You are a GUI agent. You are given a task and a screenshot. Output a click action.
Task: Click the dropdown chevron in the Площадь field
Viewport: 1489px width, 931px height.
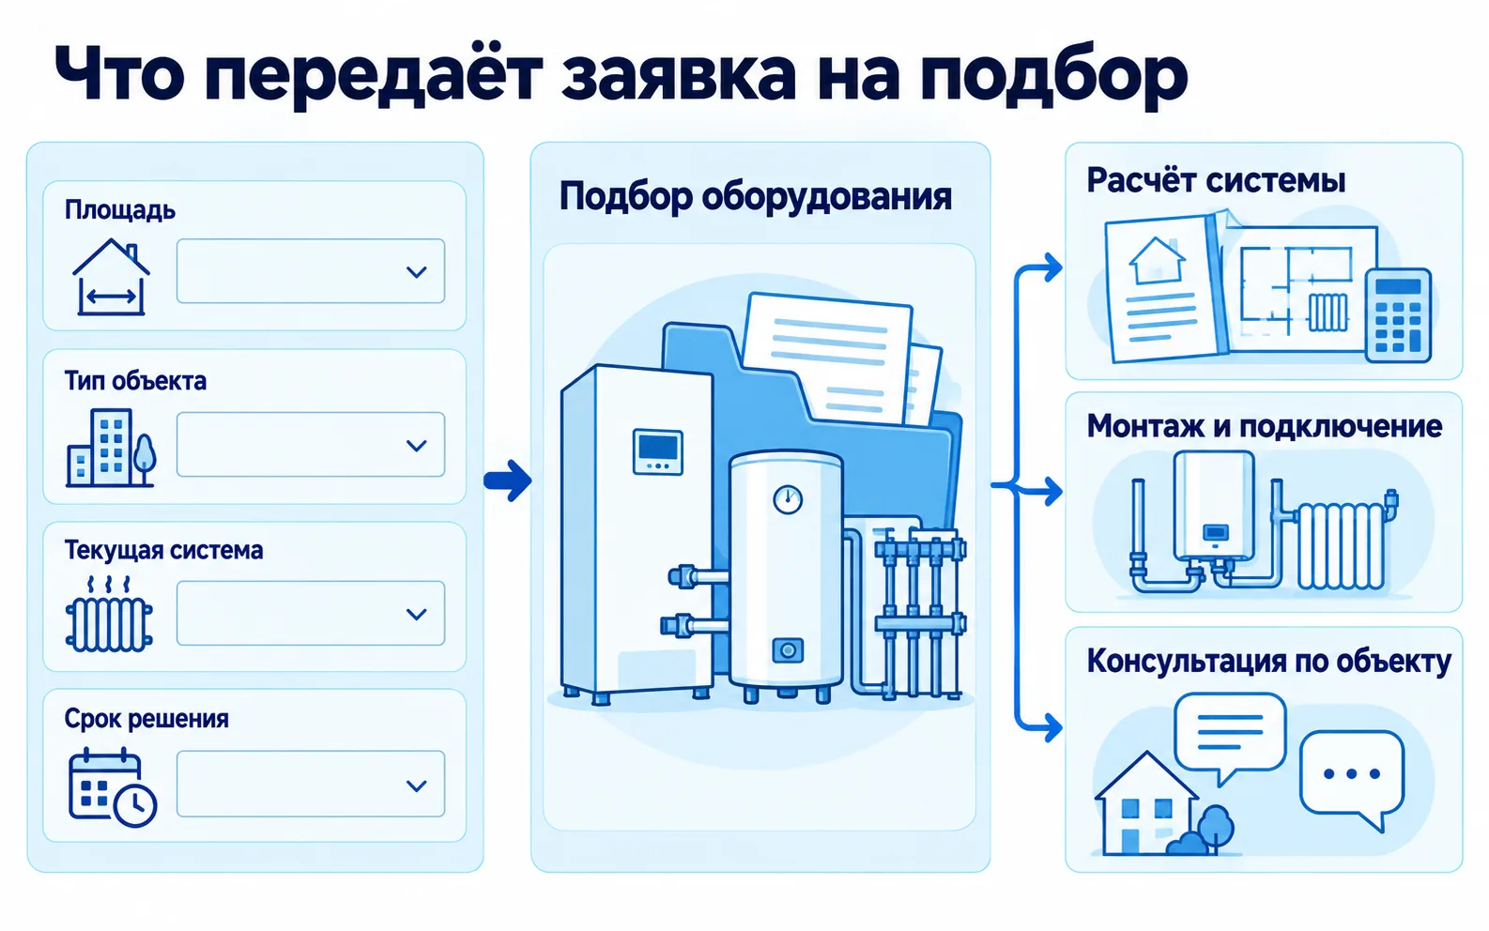416,272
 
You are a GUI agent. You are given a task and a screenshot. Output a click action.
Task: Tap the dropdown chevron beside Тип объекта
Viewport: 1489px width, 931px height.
416,445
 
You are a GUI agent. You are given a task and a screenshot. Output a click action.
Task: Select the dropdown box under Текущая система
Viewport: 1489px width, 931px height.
311,614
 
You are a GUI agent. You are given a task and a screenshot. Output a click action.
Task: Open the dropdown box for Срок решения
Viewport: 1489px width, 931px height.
311,785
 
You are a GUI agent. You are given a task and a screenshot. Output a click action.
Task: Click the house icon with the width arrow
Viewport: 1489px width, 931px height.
111,277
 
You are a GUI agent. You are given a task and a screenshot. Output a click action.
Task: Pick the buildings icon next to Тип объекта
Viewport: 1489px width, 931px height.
111,448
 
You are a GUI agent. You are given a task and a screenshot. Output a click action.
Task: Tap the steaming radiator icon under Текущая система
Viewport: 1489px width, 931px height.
109,614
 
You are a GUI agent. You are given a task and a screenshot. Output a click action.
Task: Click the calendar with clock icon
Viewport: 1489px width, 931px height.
113,786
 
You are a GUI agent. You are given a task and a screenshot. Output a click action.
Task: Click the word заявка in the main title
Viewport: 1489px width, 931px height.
678,74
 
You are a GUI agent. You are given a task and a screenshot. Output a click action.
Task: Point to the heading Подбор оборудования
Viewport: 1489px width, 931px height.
755,197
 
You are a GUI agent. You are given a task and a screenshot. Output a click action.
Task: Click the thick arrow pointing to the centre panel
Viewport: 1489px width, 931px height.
507,480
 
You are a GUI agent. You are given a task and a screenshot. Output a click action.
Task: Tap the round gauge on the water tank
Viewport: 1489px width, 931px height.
788,499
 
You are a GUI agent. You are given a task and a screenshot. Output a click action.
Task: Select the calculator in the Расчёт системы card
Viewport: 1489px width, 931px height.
1399,315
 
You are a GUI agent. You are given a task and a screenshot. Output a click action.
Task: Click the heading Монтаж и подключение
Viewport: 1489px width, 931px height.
1265,426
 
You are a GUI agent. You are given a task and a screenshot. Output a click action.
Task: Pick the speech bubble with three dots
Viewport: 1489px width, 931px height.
1352,780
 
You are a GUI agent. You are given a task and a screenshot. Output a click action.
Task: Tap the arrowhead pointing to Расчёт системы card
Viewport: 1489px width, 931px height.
1052,267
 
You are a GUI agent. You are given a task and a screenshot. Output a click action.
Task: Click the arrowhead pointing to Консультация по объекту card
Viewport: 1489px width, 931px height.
1052,727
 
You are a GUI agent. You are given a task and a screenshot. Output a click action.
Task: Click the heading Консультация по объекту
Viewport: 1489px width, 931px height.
1269,662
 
